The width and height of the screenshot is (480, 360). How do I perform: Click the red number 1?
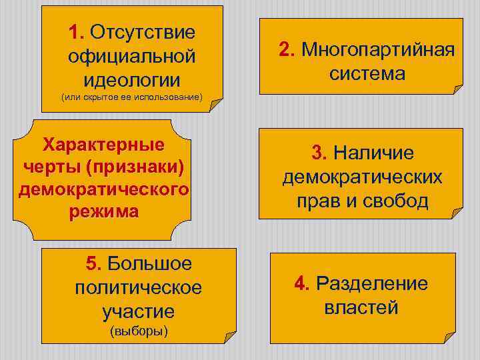point(75,32)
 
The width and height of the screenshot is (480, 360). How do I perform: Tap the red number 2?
point(286,49)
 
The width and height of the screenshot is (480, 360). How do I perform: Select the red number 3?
point(319,153)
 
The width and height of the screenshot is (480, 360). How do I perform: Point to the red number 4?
point(301,283)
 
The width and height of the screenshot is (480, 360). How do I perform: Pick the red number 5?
point(93,263)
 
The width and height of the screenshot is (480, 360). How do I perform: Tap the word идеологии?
point(132,80)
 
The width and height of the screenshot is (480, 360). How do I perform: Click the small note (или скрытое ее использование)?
point(131,98)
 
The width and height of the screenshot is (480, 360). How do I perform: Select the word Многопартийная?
point(378,49)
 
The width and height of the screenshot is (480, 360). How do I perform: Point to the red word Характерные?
point(103,144)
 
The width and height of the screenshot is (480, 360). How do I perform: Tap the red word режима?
point(103,213)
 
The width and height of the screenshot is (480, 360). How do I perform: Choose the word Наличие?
point(373,153)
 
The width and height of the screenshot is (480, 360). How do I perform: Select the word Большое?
point(149,263)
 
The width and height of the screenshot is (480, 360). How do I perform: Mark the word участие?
point(139,311)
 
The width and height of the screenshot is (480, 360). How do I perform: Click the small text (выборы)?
point(139,331)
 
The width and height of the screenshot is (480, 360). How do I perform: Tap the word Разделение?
point(372,283)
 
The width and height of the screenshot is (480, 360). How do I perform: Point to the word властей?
point(361,308)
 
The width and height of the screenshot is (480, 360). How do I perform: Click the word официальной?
point(132,56)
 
